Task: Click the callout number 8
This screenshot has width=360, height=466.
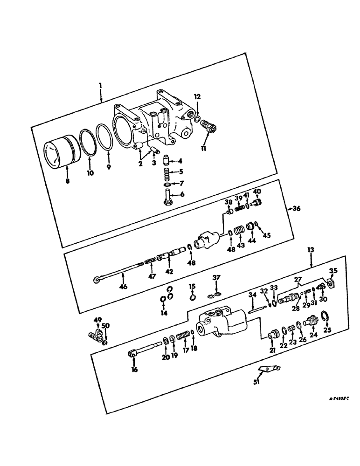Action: pos(67,180)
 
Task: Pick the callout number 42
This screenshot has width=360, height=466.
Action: pos(169,271)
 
